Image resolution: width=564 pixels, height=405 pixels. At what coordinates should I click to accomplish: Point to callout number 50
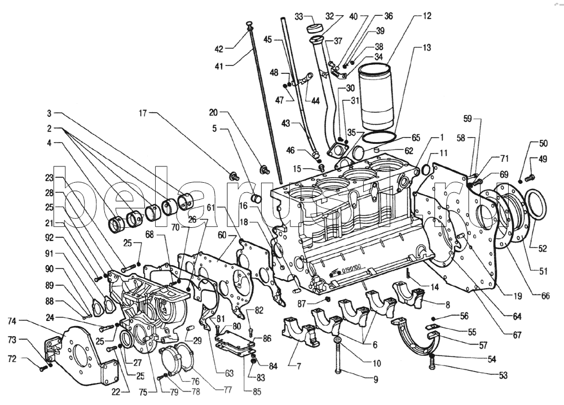click(x=543, y=144)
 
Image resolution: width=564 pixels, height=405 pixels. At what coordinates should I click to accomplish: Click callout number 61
click(x=210, y=208)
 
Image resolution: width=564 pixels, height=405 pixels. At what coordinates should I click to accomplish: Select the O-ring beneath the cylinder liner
click(x=378, y=137)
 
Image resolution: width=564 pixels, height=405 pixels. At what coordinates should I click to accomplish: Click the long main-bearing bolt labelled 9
click(x=338, y=358)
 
